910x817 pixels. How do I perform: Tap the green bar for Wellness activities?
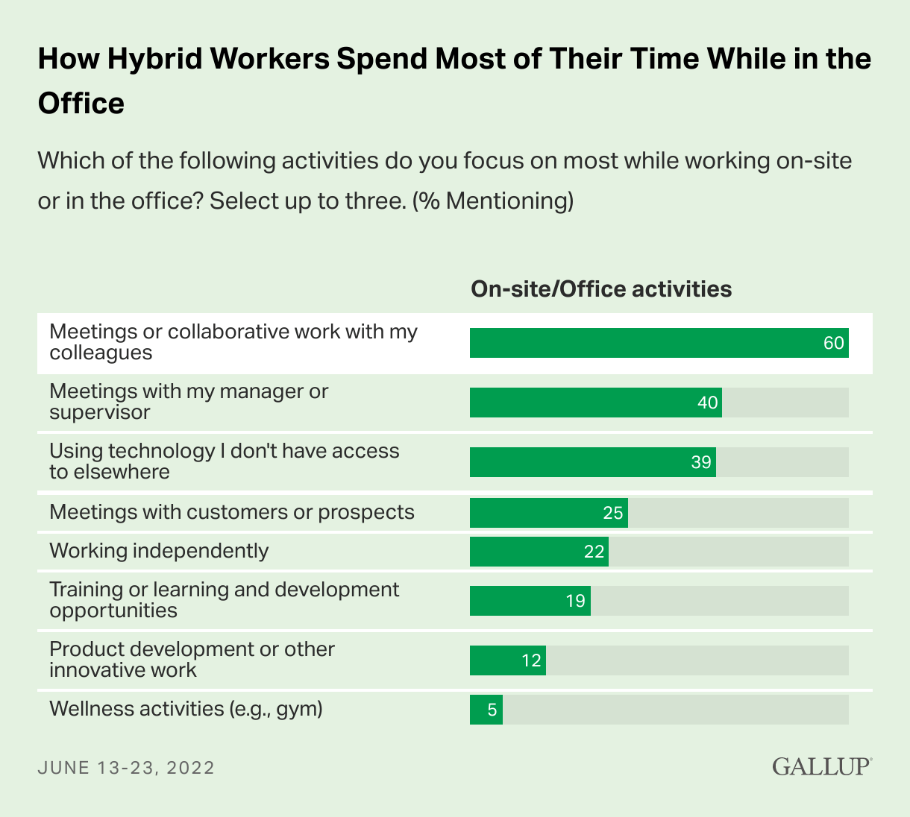point(486,710)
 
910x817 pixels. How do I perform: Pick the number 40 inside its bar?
point(707,403)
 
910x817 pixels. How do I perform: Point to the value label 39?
point(701,462)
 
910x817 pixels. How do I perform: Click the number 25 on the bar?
point(613,513)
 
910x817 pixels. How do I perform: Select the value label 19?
point(575,601)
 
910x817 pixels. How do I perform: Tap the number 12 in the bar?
point(531,660)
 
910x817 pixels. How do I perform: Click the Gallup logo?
point(821,766)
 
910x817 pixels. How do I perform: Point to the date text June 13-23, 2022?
point(126,768)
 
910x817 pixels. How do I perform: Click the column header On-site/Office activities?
point(601,289)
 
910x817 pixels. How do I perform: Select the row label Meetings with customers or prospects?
point(231,512)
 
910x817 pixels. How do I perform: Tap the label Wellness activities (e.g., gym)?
point(186,708)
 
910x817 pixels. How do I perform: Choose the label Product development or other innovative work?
point(192,659)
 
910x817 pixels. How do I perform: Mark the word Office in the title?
point(81,103)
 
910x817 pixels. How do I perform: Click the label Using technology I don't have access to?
point(224,461)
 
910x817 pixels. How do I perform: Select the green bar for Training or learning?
point(530,601)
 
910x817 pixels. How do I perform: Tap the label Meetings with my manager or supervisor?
point(189,401)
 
